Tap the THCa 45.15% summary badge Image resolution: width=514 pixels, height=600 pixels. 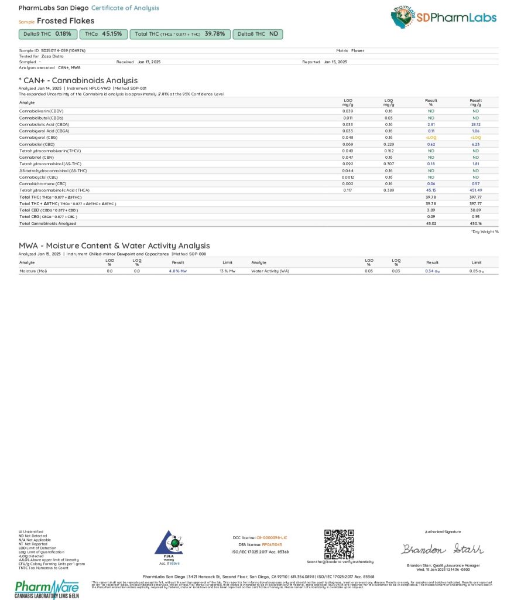click(103, 34)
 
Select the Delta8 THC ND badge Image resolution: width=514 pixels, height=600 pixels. click(258, 34)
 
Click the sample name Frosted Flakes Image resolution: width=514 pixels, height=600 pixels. click(66, 21)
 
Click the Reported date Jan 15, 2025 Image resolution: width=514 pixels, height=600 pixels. click(335, 62)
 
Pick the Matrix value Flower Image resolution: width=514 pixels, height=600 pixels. click(358, 50)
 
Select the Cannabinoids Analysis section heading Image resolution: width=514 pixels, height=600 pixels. click(78, 80)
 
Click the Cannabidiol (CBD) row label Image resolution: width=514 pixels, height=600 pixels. click(37, 144)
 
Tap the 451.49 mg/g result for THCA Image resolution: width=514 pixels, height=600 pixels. click(475, 190)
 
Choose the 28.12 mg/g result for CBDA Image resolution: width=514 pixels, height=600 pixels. click(475, 124)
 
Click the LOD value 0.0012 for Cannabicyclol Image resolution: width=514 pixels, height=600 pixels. click(347, 177)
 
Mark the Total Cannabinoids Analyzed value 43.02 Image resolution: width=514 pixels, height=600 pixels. click(431, 223)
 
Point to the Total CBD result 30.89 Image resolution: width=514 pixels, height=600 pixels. click(475, 210)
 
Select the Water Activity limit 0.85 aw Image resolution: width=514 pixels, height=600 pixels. click(477, 271)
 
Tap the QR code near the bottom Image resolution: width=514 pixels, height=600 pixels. click(339, 544)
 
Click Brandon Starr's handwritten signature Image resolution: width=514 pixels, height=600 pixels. click(442, 549)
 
